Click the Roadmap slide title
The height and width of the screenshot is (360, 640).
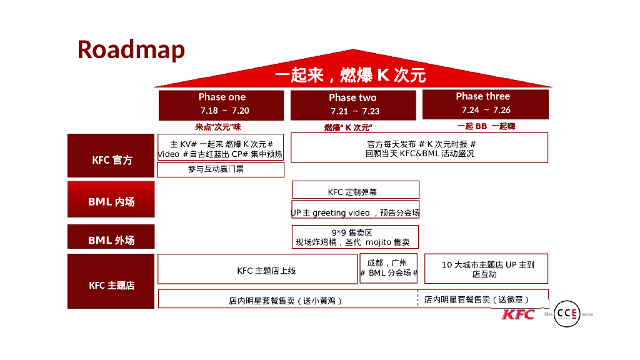point(131,49)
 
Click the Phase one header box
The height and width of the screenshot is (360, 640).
point(222,104)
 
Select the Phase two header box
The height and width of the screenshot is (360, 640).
point(353,104)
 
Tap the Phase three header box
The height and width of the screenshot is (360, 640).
point(485,104)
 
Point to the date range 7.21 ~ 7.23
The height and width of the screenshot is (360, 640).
point(355,111)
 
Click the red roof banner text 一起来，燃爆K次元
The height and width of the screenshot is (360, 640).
point(351,76)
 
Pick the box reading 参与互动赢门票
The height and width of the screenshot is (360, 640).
point(220,169)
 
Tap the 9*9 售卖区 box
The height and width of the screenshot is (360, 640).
point(355,237)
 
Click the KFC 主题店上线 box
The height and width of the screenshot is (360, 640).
point(257,269)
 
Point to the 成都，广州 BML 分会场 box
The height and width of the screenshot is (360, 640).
point(388,268)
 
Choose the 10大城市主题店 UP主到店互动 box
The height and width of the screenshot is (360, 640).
point(486,269)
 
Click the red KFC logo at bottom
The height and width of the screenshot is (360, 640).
point(518,313)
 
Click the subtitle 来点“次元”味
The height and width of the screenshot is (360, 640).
point(217,127)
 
